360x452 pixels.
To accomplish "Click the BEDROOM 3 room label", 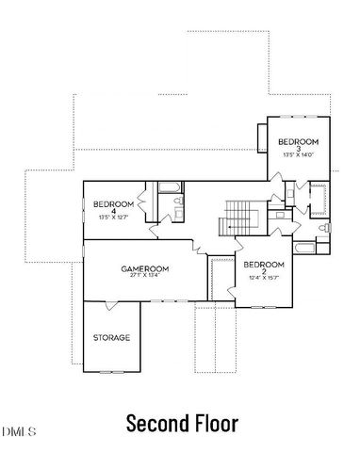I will coord(298,143).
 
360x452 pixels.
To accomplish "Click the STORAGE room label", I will coord(111,337).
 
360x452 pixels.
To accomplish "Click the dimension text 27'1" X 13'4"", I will coord(143,277).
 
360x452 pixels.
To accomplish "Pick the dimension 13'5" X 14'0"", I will coord(298,156).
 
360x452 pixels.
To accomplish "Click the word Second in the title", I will coord(158,423).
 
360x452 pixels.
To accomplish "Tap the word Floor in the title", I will coord(214,423).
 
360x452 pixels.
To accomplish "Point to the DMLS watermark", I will coord(16,431).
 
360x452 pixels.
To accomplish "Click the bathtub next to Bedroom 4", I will coord(171,188).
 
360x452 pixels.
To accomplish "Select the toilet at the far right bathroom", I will coord(323,229).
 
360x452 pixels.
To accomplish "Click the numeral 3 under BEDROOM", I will coord(298,150).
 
